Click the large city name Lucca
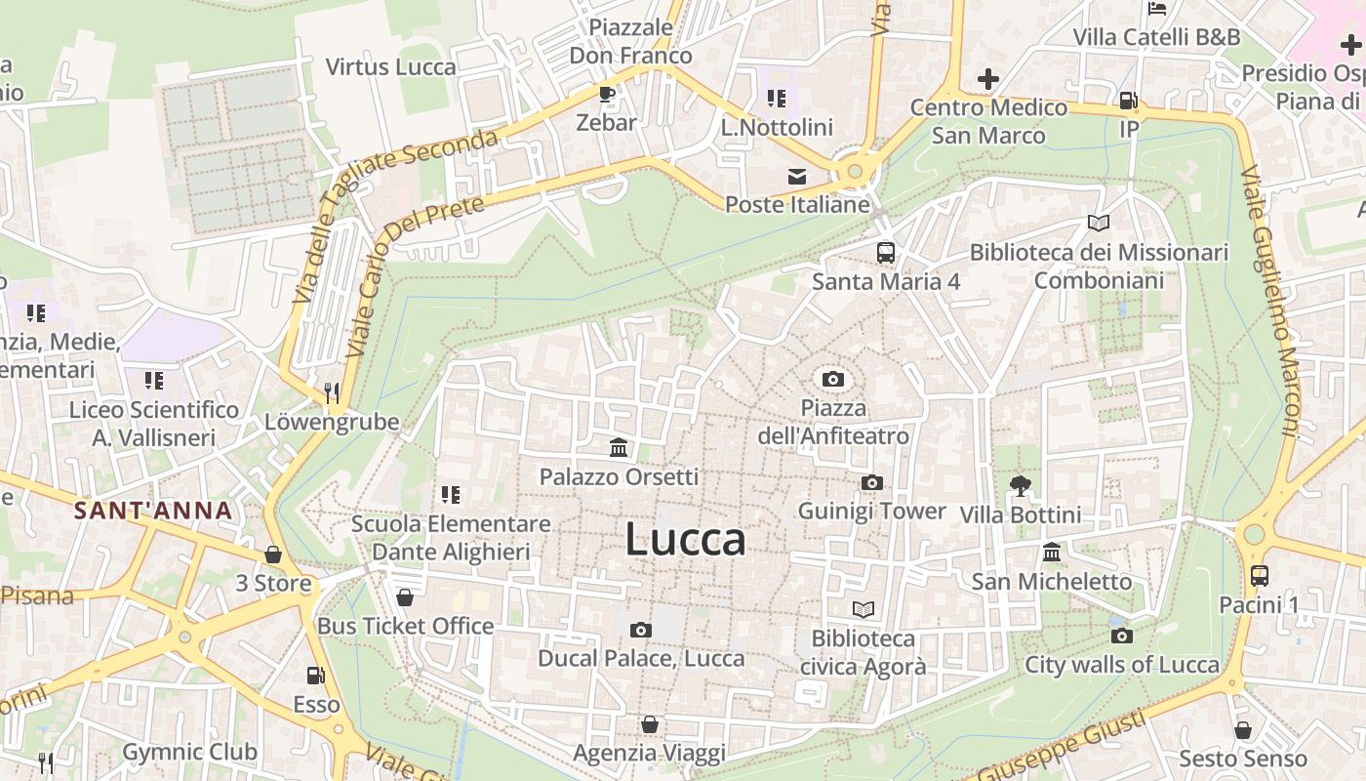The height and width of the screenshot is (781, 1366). point(685,539)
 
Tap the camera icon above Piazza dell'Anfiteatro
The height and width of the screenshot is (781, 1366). point(833,379)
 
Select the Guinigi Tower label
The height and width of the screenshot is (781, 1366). point(871,511)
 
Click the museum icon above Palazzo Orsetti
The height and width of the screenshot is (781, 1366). point(619,448)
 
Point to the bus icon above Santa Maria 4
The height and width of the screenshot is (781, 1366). point(886,252)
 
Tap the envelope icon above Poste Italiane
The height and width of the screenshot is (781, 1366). point(797,177)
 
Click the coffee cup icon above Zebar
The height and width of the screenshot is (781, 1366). point(606,94)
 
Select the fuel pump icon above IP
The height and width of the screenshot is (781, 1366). point(1128,100)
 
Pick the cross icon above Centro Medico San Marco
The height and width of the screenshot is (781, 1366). point(988,78)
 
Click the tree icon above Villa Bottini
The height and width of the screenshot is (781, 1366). point(1021,485)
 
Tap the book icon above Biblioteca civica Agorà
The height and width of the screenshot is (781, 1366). point(864,610)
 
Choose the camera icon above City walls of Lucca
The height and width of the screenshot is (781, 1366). point(1122,636)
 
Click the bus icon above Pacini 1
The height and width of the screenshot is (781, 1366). point(1259,575)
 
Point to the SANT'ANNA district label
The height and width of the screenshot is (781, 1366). point(153,510)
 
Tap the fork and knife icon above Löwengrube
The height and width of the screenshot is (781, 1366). point(332,392)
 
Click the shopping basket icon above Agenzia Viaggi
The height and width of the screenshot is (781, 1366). point(649,724)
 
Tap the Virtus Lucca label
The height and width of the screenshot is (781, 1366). point(390,66)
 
